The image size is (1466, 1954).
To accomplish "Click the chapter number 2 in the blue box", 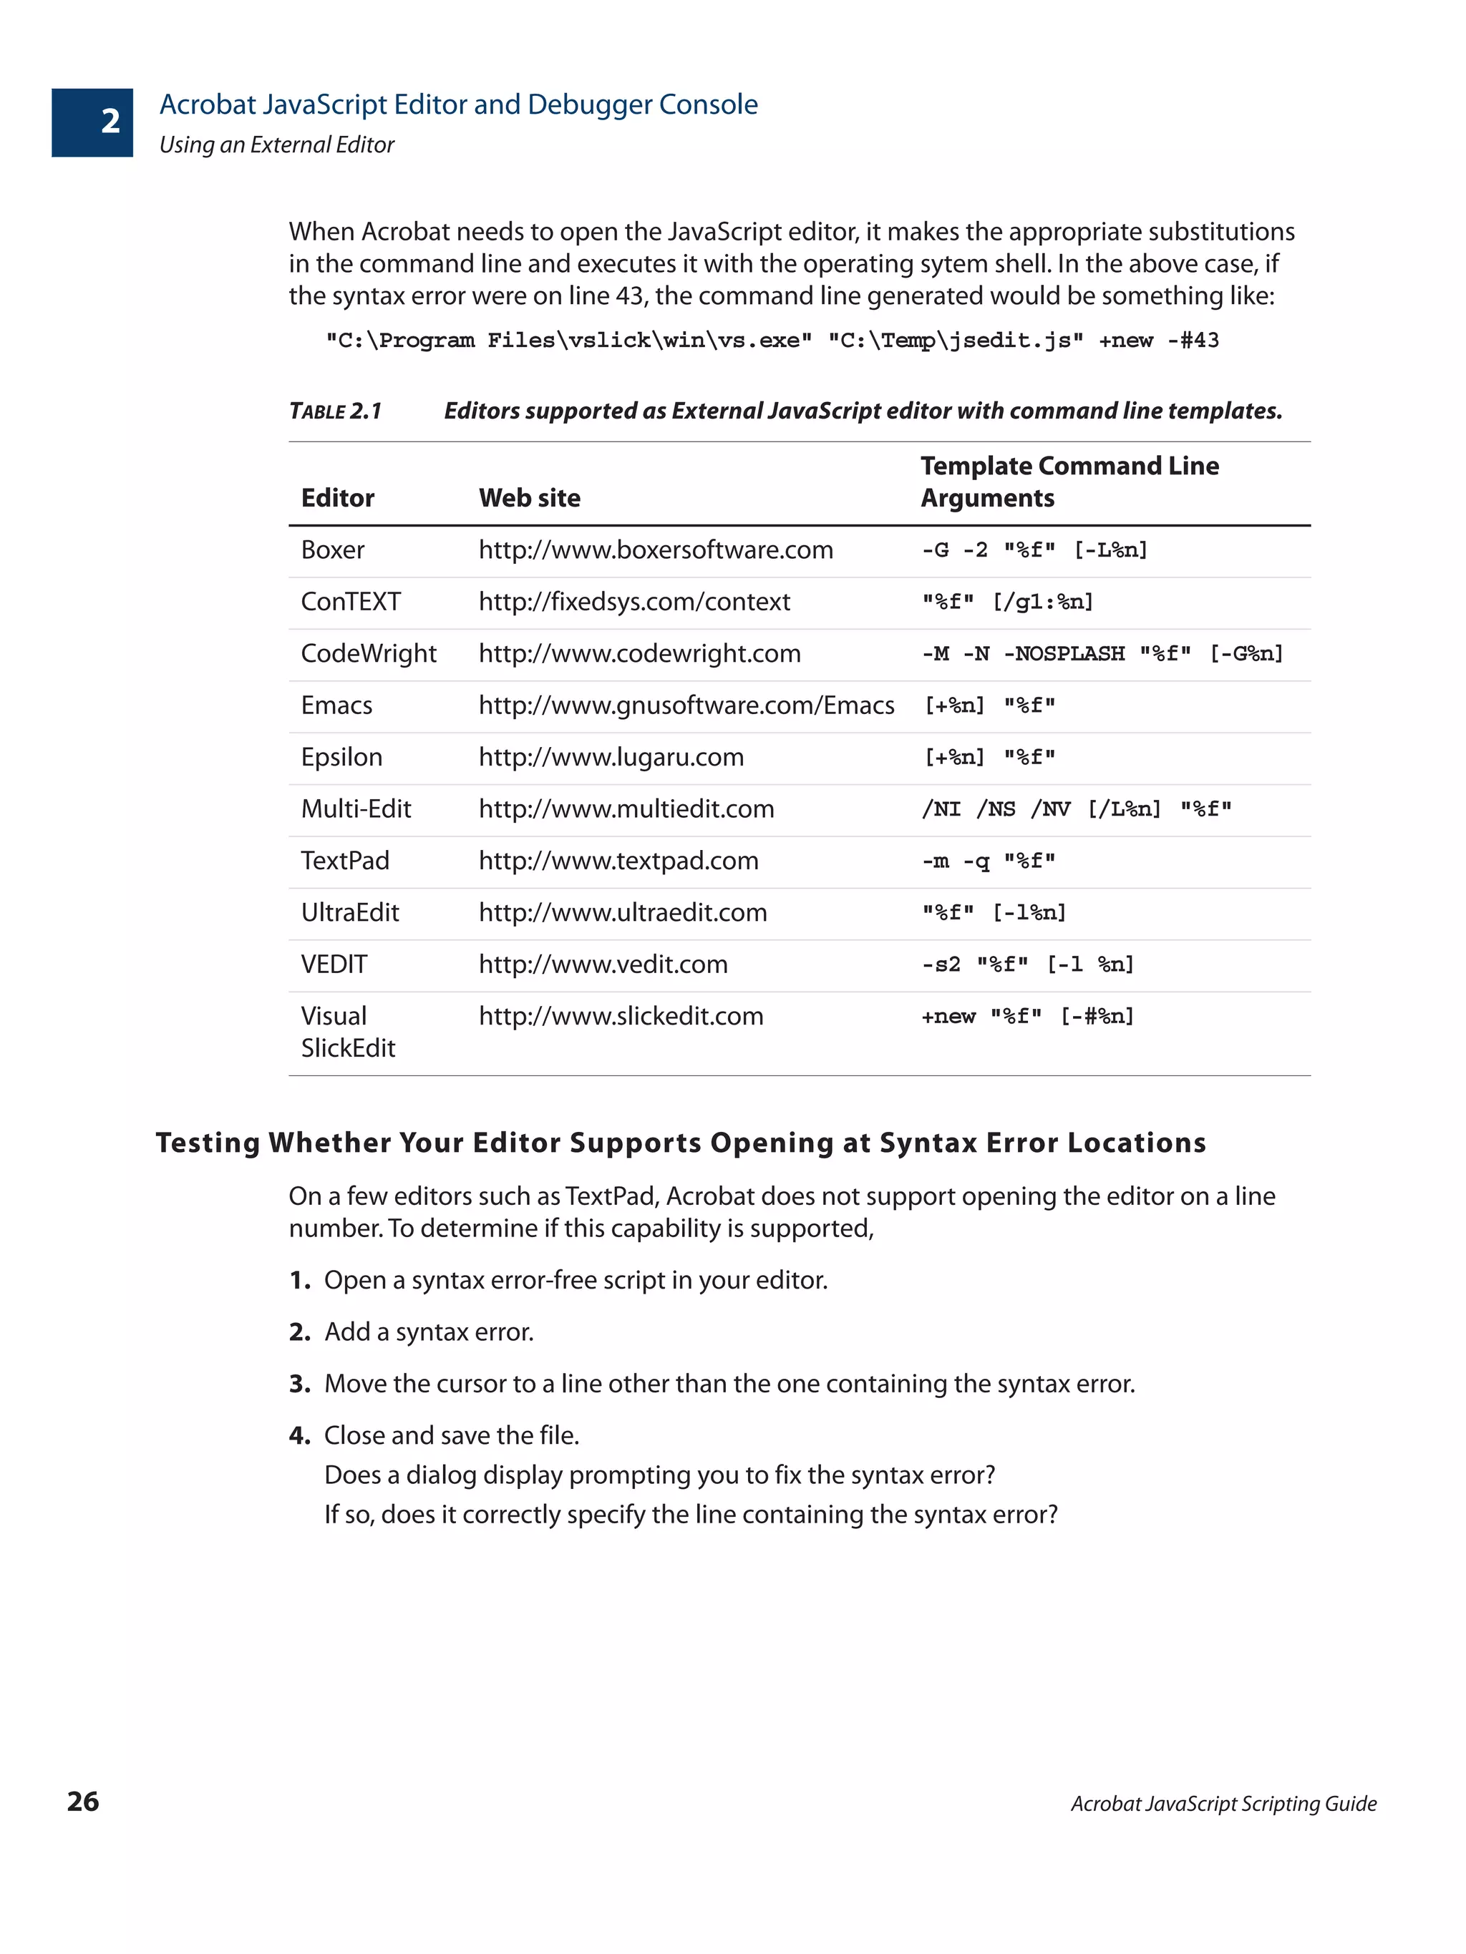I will coord(110,121).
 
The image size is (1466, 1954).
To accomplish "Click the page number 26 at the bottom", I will coord(83,1800).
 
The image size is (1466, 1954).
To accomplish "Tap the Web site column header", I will coord(528,498).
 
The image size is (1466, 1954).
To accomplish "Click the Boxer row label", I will coord(332,550).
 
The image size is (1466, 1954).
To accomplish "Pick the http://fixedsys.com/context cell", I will coord(634,602).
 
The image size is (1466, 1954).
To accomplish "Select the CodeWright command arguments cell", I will coord(1101,654).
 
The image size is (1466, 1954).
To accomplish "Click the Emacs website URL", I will coord(686,705).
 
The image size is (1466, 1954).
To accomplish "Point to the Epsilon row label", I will coord(341,757).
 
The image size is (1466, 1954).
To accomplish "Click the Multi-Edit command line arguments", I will coord(1075,809).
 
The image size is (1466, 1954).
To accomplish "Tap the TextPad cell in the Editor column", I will coord(344,861).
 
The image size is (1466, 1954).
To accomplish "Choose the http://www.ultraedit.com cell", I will coord(622,912).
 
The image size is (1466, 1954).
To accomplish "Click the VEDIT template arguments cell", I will coord(1026,964).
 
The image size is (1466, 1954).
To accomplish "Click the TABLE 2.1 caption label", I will coord(335,411).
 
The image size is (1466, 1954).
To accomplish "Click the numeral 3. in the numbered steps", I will coord(298,1383).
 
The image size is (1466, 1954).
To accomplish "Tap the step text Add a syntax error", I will coord(429,1332).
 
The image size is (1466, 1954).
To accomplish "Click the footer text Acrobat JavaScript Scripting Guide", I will coord(1223,1803).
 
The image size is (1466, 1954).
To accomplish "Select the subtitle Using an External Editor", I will coord(276,145).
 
